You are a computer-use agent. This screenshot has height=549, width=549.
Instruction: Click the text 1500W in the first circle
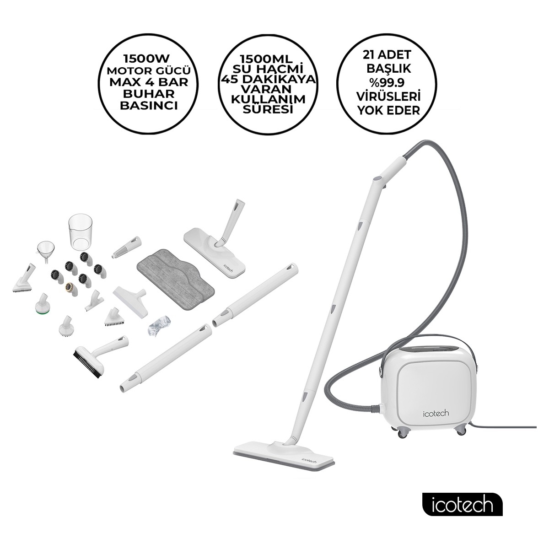tap(146, 59)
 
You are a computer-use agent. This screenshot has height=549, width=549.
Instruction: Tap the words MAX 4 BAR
tap(149, 82)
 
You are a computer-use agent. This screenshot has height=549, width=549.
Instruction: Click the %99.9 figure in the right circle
tap(387, 83)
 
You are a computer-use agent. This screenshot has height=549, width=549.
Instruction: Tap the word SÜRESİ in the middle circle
tap(268, 109)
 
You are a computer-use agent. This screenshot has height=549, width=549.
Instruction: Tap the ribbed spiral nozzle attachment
tap(126, 247)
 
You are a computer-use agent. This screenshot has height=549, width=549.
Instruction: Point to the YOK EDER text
tap(388, 110)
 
